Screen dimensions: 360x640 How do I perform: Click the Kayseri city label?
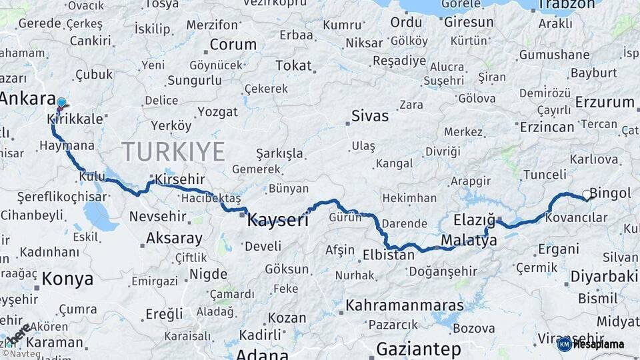(277, 220)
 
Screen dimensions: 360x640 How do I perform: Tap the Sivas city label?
(370, 116)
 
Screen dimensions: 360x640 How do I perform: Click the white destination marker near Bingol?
(586, 195)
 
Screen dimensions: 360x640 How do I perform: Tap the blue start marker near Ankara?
(61, 103)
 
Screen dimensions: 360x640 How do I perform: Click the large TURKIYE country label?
(173, 152)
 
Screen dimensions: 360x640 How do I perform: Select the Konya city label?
(67, 279)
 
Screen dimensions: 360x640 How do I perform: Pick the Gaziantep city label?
(418, 349)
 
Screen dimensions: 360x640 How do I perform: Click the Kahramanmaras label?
(404, 306)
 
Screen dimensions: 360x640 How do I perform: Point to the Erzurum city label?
(605, 102)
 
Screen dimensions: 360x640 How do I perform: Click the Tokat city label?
(293, 65)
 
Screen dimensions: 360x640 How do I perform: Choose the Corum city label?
(233, 45)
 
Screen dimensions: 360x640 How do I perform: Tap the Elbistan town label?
(389, 255)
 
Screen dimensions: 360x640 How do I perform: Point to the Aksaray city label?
(174, 238)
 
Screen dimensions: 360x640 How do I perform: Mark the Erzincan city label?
(547, 127)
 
